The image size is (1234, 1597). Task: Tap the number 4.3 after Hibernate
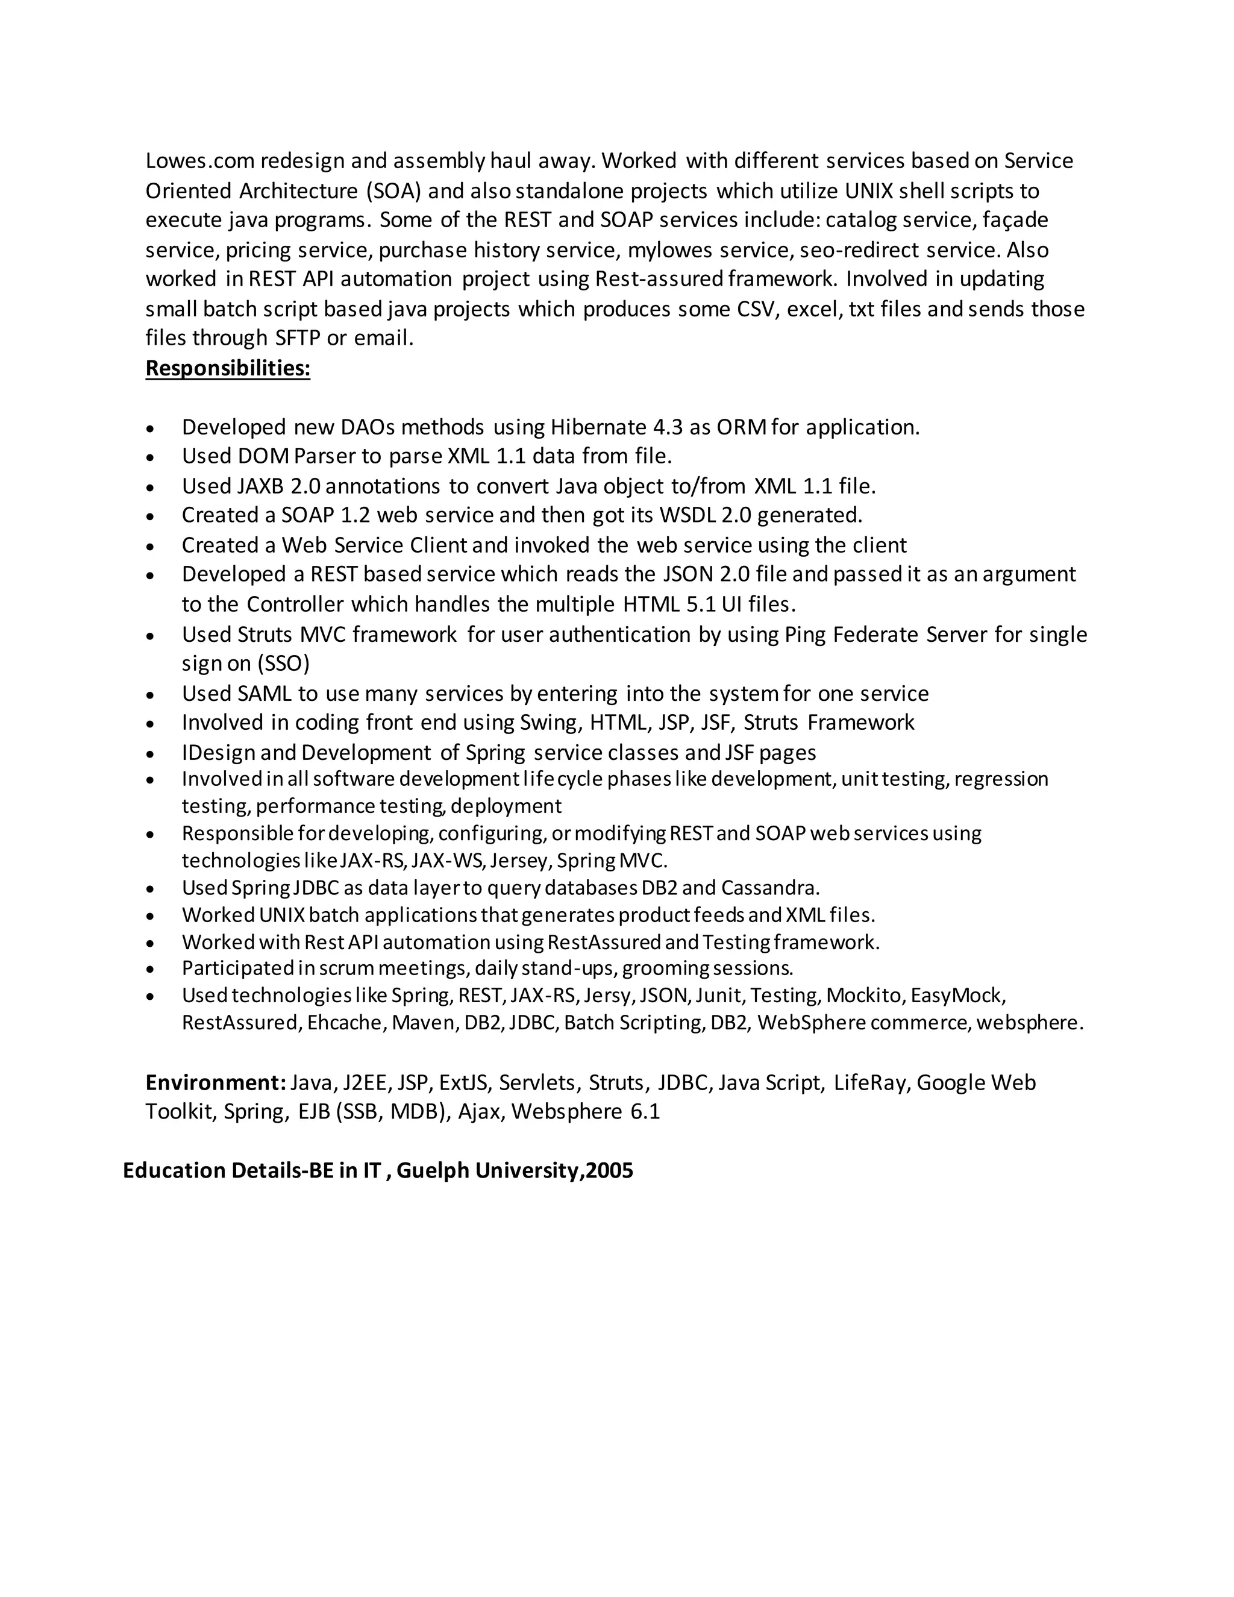(668, 427)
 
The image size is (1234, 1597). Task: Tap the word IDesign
(218, 753)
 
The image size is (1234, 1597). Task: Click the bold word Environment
(215, 1082)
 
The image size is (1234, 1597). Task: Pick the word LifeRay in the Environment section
(871, 1082)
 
